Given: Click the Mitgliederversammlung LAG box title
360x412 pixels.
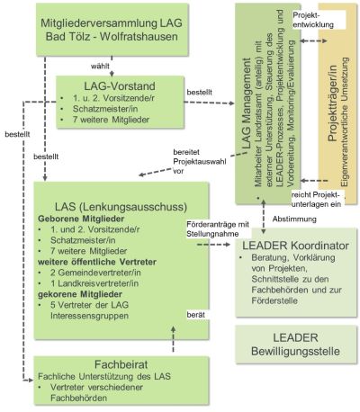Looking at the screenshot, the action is [112, 30].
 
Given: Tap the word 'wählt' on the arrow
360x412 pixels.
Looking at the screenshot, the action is [100, 66].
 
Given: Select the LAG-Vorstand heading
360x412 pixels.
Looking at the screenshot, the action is [120, 86].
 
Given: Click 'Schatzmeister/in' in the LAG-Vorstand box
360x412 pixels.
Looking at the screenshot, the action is [105, 109].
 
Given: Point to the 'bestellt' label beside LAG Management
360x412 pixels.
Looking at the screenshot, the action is [199, 92].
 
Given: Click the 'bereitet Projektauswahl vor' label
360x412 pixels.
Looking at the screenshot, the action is [200, 162].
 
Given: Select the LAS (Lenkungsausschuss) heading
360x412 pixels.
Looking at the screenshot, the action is [121, 207].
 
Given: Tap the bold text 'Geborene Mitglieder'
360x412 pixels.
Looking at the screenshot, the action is [81, 219].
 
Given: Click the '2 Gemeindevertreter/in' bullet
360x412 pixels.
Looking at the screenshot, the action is [95, 273].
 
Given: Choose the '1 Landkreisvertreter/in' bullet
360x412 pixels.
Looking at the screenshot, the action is [94, 283].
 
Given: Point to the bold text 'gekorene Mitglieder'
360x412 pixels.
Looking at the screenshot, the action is [80, 294].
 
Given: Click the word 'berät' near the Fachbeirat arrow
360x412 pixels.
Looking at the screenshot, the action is [196, 315].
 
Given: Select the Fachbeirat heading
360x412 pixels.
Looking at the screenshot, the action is [121, 364].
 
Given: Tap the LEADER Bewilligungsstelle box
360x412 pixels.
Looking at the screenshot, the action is [296, 345].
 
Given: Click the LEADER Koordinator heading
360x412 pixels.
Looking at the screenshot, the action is [295, 246].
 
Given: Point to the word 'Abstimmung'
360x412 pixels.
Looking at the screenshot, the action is [294, 219].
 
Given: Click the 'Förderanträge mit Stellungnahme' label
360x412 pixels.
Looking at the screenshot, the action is [218, 229].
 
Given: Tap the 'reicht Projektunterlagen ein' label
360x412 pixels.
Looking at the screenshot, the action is [317, 200].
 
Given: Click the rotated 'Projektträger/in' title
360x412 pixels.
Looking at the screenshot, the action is [332, 103].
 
